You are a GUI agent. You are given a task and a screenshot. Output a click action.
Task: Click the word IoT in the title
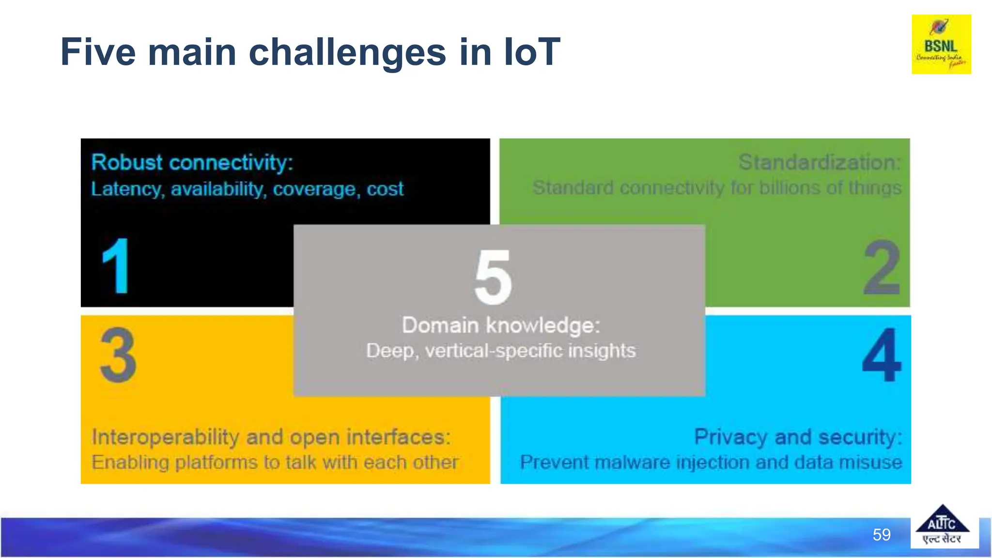click(x=531, y=52)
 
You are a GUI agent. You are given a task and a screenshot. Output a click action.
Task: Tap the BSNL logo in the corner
click(x=941, y=45)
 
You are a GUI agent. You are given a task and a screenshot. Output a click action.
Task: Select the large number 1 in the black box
click(x=116, y=266)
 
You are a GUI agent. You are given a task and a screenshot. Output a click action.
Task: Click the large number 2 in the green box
click(x=882, y=268)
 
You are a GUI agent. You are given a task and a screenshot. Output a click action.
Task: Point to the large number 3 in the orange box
click(x=118, y=355)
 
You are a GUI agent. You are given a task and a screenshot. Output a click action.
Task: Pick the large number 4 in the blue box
click(x=882, y=355)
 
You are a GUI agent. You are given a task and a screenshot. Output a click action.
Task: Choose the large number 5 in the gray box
click(x=493, y=277)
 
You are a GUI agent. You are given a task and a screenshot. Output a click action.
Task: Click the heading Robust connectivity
click(x=192, y=162)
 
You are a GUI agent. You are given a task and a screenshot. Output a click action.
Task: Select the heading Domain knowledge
click(x=501, y=325)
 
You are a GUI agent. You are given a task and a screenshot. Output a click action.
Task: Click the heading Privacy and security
click(x=798, y=437)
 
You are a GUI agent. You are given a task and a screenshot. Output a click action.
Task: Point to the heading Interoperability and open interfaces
click(x=271, y=437)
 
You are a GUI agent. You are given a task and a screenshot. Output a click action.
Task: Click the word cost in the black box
click(x=385, y=189)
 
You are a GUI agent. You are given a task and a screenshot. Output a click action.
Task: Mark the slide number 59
click(x=882, y=535)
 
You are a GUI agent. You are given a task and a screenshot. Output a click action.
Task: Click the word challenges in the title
click(x=347, y=52)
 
